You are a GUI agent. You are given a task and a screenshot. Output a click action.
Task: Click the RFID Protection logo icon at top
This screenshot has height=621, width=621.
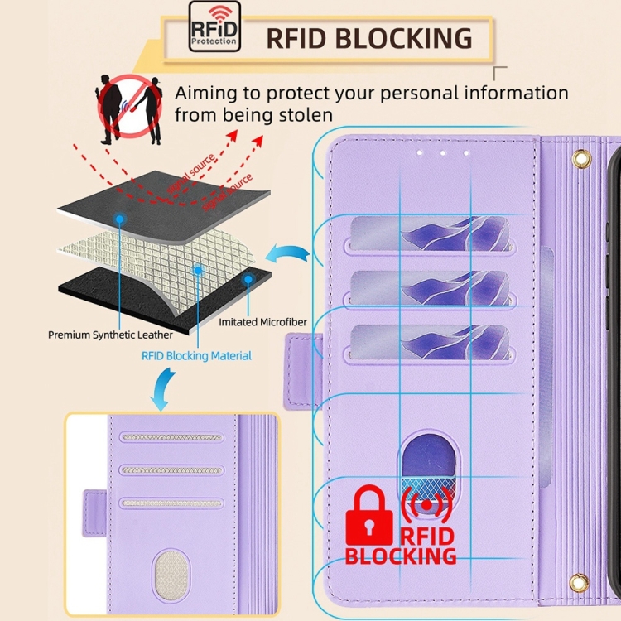click(x=214, y=26)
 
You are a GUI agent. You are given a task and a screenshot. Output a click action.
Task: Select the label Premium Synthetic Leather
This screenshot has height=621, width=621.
click(x=110, y=335)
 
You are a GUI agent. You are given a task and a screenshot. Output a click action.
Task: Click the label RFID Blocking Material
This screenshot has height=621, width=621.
click(x=195, y=355)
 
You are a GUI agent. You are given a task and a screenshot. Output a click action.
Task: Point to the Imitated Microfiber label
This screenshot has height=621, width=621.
click(x=259, y=320)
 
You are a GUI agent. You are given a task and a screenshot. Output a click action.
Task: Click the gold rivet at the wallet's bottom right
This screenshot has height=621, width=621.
click(x=579, y=583)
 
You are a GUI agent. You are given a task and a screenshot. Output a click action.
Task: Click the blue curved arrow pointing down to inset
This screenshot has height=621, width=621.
click(x=164, y=389)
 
